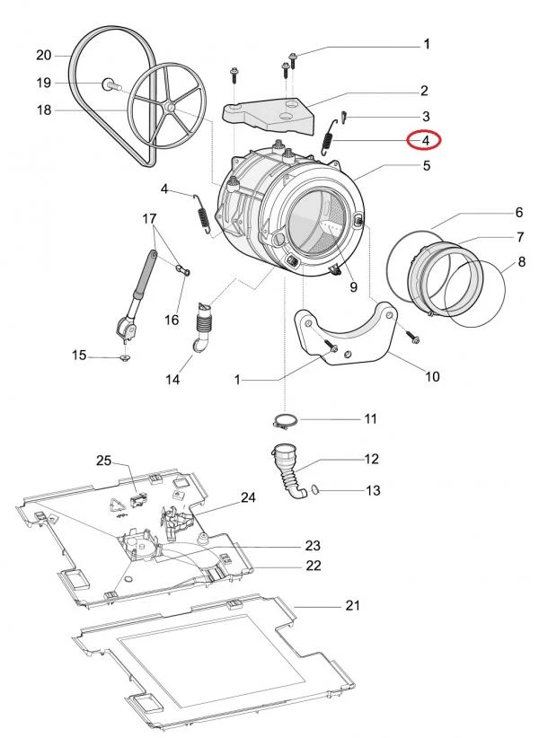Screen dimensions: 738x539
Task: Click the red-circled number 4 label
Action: click(x=426, y=140)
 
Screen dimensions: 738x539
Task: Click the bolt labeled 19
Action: click(x=111, y=84)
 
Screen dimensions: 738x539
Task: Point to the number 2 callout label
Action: click(x=424, y=91)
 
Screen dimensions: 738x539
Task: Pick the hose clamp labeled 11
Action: click(x=286, y=418)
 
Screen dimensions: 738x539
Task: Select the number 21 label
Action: click(x=353, y=606)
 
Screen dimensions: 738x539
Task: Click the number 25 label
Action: click(x=103, y=461)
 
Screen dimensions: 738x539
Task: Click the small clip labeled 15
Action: click(x=124, y=357)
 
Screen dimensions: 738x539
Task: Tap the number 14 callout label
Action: click(x=172, y=380)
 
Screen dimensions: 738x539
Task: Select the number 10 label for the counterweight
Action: click(x=431, y=377)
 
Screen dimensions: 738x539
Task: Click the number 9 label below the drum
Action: click(x=353, y=288)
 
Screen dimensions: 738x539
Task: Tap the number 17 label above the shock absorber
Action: click(x=149, y=218)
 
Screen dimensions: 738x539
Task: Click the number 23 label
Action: click(x=313, y=546)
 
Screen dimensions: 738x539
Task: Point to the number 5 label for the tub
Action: click(x=427, y=165)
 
